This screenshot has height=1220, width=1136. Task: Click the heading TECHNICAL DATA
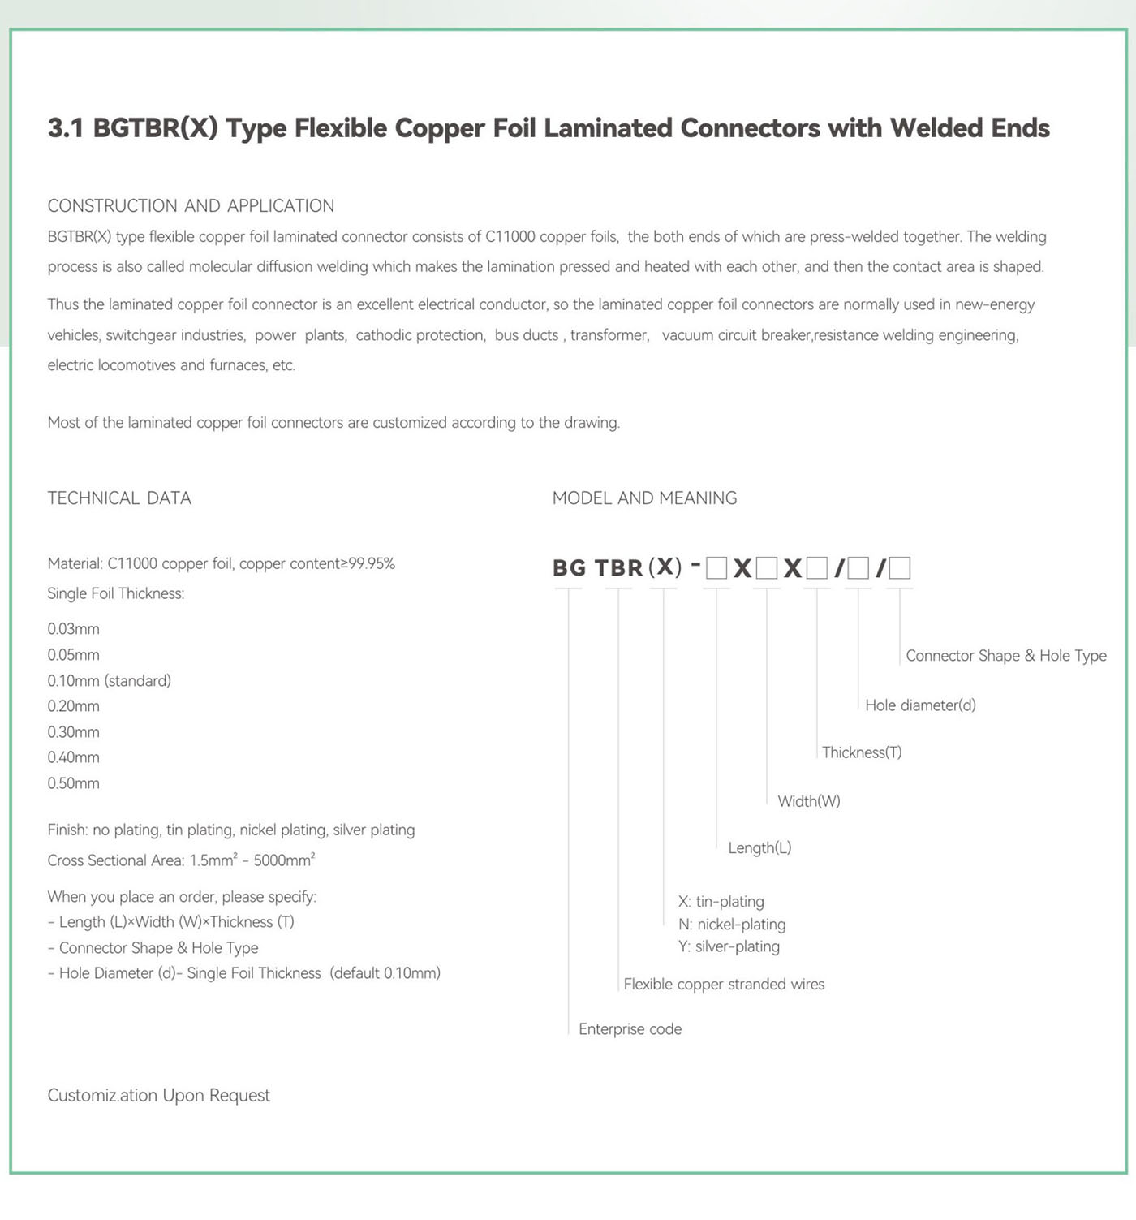[119, 498]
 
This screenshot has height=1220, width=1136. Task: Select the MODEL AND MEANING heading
[644, 498]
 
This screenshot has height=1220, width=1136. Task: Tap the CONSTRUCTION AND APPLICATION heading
[191, 206]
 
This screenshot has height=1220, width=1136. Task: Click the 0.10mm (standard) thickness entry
[109, 680]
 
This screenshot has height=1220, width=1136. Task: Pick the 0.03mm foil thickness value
[73, 629]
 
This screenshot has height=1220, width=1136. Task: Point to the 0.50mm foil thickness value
[73, 783]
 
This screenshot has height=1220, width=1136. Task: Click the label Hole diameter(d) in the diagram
[920, 705]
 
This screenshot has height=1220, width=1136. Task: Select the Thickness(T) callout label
[862, 752]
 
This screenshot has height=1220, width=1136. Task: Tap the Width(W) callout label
[809, 801]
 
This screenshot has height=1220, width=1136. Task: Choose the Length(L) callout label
[759, 848]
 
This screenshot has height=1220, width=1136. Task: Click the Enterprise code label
[630, 1029]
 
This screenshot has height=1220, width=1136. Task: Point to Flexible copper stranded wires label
[724, 985]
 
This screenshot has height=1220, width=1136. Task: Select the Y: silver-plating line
[729, 946]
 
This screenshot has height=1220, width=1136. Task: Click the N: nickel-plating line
[732, 925]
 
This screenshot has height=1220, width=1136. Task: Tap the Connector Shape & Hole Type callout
[1006, 656]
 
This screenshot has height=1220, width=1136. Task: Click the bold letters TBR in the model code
[618, 567]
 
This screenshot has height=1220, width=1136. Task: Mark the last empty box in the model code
[900, 568]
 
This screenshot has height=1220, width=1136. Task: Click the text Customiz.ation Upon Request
[158, 1096]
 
